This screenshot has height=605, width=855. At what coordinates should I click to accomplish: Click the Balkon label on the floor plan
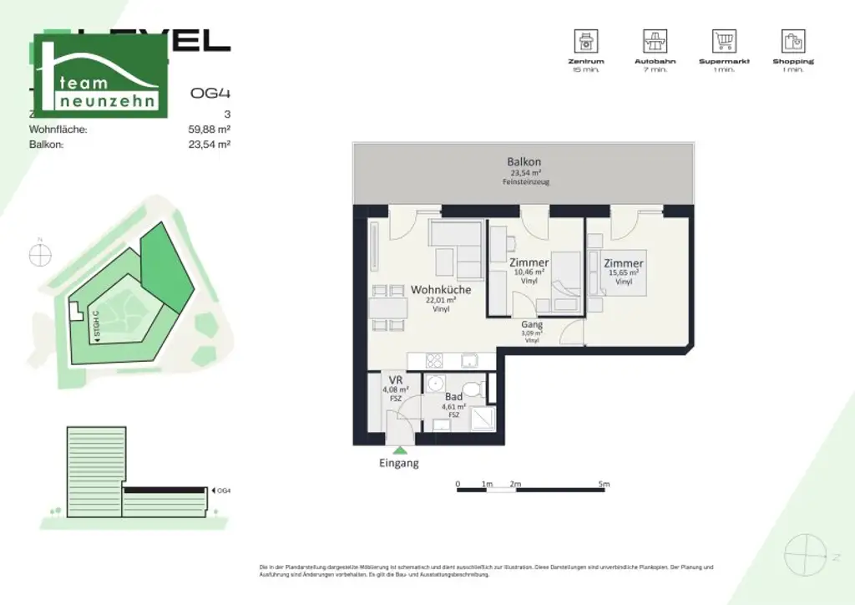coord(524,162)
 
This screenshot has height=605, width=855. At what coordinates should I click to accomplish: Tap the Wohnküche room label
coord(440,290)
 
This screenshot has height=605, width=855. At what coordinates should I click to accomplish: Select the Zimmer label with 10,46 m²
coord(529,262)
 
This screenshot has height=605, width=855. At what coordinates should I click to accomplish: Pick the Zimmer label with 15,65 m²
coord(623,264)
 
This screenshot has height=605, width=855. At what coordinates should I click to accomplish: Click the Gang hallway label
coord(532,324)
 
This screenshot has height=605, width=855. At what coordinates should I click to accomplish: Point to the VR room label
coord(396,380)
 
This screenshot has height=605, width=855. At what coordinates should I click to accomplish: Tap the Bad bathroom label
coord(453,397)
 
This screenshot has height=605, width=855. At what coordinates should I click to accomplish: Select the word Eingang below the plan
coord(398,463)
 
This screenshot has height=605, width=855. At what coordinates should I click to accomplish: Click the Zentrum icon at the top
coord(584,40)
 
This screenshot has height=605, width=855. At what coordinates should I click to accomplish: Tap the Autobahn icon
coord(654,40)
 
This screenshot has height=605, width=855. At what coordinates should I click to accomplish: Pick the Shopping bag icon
coord(792,40)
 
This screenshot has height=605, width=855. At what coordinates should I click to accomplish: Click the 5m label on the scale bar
coord(604,484)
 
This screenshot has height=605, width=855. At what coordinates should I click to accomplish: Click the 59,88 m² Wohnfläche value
coord(210,130)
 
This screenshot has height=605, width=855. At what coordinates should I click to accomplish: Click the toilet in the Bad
coord(473,389)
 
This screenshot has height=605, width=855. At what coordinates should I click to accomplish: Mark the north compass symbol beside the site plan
coord(40,255)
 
